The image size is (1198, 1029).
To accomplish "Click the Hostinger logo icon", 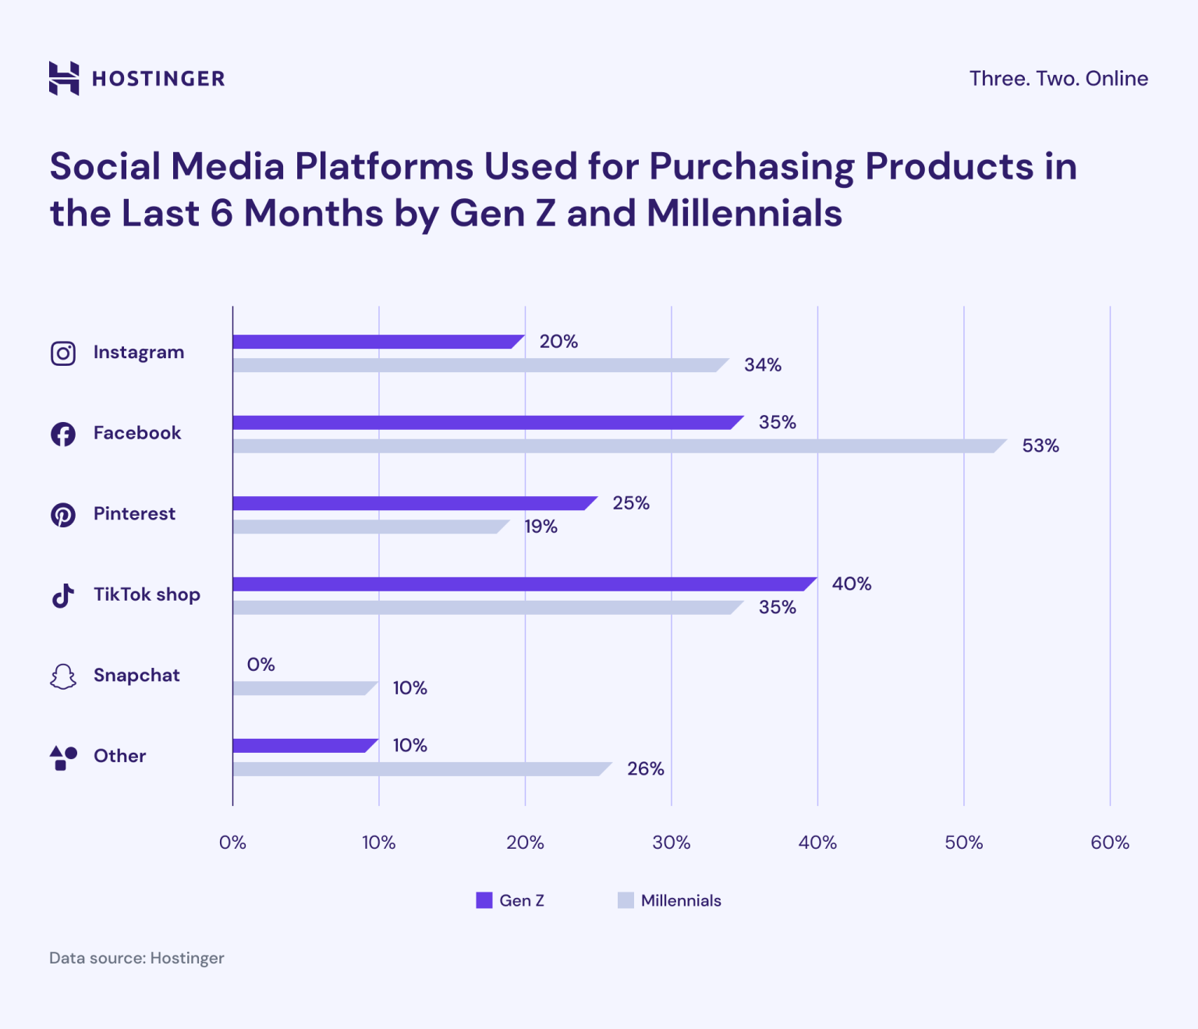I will [x=64, y=78].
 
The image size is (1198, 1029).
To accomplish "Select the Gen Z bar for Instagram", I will [x=378, y=342].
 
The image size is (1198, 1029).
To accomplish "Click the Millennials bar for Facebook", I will [x=619, y=446].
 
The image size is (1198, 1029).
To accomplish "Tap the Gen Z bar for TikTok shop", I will [x=524, y=584].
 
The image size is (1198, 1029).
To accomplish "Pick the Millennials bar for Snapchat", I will [x=304, y=688].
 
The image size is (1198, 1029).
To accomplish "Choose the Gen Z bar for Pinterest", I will [x=414, y=503].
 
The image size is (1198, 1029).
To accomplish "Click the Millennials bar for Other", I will [x=421, y=769].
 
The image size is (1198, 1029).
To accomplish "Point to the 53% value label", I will [x=1040, y=446].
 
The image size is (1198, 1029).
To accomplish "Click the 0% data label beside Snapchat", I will [x=261, y=665].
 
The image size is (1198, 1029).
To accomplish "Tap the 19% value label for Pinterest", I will [x=541, y=527].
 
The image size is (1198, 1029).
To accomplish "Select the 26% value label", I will [x=646, y=769].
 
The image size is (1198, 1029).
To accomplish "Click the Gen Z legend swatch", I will [x=484, y=900].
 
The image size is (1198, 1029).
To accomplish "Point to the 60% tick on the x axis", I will [x=1109, y=843].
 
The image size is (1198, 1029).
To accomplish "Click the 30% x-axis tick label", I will [x=671, y=843].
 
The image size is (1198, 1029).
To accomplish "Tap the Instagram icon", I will [x=63, y=353].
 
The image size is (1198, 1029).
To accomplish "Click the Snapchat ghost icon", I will [x=63, y=676].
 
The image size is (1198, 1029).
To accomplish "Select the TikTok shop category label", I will [x=147, y=594].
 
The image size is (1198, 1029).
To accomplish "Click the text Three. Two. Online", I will [x=1058, y=79].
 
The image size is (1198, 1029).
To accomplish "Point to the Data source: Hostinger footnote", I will [x=136, y=958].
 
